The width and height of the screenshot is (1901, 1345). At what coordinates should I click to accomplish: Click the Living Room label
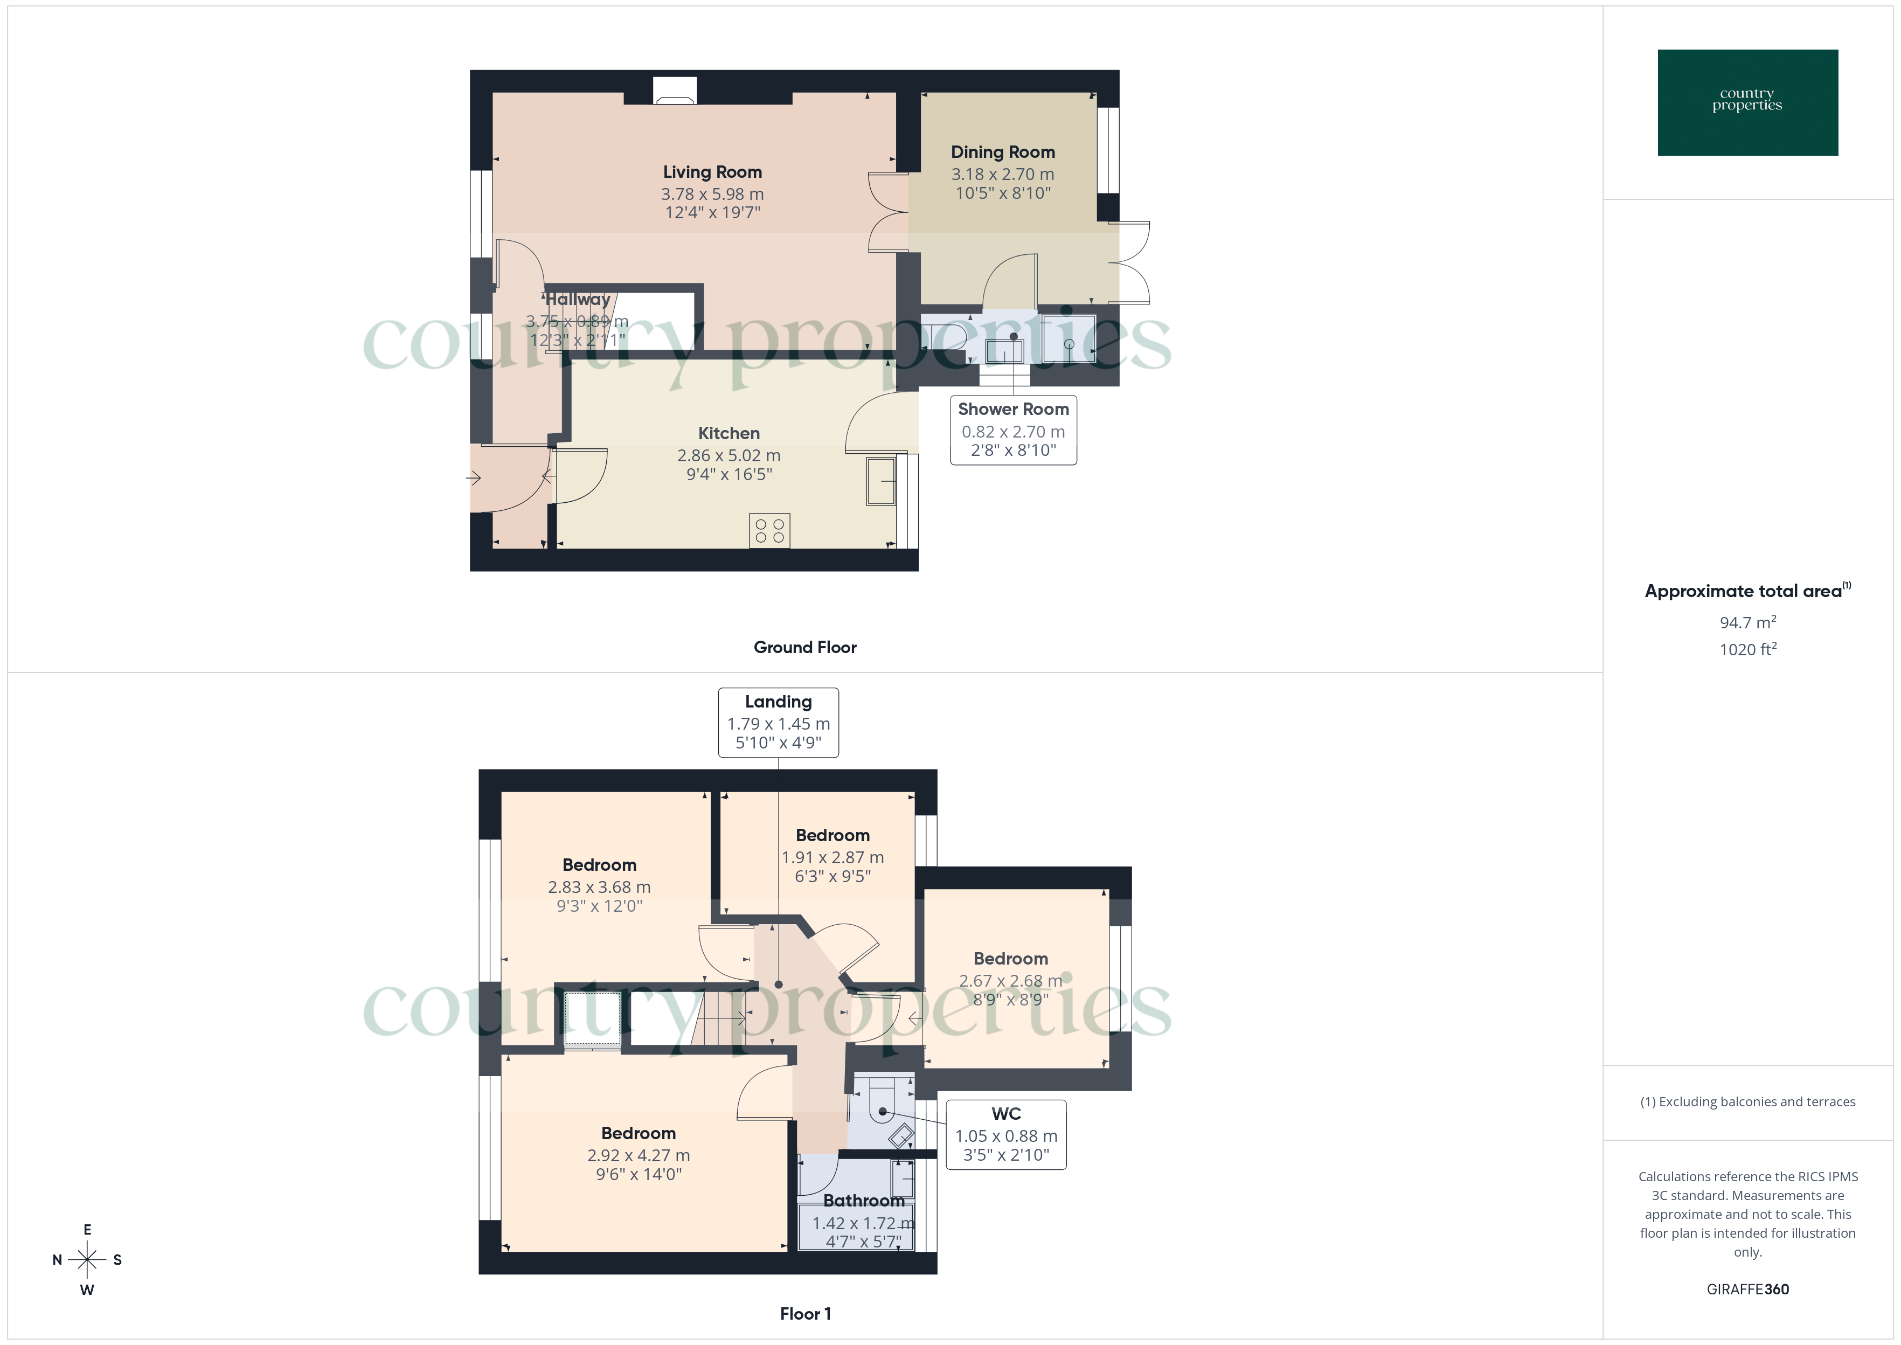pos(712,172)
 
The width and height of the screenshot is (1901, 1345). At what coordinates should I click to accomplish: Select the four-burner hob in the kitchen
pos(769,531)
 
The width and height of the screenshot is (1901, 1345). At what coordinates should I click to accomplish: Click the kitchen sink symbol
pos(881,480)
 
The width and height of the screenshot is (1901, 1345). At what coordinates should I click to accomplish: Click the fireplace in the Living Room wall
pos(675,91)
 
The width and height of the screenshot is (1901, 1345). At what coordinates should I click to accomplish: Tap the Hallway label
pos(578,300)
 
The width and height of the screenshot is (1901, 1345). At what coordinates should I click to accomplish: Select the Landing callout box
pos(778,722)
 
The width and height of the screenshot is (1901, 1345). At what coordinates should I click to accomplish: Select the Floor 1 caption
pos(805,1314)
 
